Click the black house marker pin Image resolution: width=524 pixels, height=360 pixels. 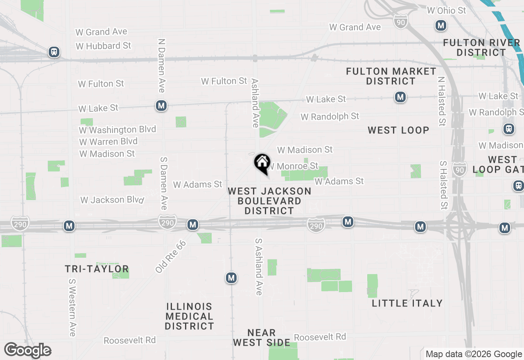click(x=262, y=163)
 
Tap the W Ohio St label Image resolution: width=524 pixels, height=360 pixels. click(x=447, y=10)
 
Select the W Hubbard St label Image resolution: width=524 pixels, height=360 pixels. click(x=103, y=46)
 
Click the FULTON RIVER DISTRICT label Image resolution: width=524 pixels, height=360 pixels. click(x=481, y=47)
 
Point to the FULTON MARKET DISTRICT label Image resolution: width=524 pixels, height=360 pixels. click(x=391, y=76)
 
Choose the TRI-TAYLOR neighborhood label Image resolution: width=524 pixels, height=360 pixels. click(x=97, y=269)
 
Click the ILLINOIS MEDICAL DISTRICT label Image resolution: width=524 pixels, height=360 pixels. click(x=190, y=316)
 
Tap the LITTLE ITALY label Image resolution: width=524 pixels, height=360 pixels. click(x=407, y=303)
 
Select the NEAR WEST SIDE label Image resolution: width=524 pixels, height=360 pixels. click(x=262, y=337)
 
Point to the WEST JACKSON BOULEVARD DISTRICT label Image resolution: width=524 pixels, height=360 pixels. click(x=269, y=201)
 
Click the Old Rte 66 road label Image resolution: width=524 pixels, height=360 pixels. click(x=171, y=256)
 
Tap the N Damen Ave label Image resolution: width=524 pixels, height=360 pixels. click(x=162, y=66)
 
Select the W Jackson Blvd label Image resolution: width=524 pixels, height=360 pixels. click(x=112, y=200)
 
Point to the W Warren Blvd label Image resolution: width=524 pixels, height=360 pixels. click(x=108, y=142)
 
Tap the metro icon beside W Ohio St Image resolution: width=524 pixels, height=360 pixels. click(x=440, y=26)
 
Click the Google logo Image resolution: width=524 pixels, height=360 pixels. click(x=28, y=351)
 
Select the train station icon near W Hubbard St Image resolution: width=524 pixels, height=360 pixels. click(x=54, y=52)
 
